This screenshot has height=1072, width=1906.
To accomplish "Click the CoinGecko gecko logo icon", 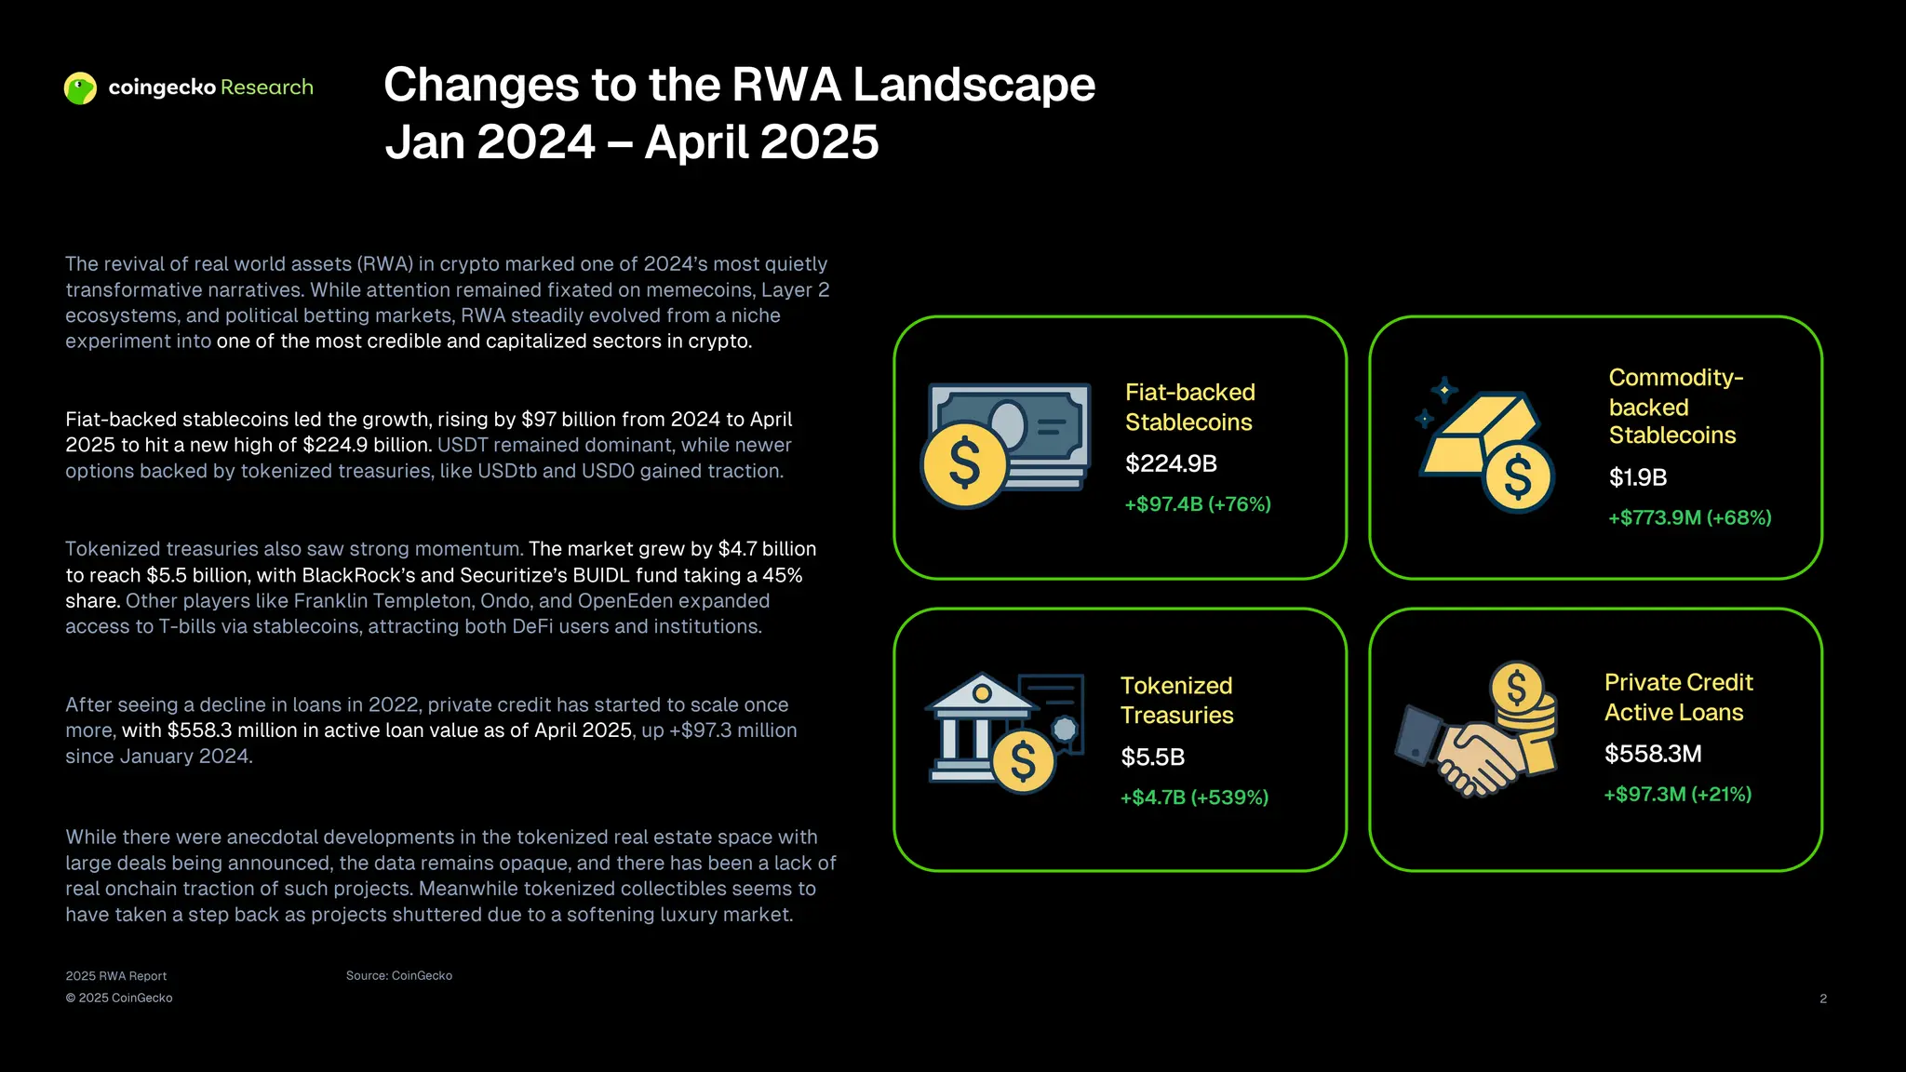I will coord(80,88).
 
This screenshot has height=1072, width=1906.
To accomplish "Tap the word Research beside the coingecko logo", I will coord(267,87).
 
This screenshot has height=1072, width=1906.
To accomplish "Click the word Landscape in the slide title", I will coord(974,85).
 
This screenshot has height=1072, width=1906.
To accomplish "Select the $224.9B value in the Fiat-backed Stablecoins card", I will coord(1171,463).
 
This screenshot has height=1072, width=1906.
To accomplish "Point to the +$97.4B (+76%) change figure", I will coord(1198,504).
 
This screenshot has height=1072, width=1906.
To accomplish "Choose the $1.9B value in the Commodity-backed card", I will coord(1638,477).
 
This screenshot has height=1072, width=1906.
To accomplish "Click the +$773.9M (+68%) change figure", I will coord(1690,517).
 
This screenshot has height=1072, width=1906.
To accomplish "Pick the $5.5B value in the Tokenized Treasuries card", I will coord(1152,757).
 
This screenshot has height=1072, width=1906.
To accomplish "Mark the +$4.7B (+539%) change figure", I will coord(1194,797).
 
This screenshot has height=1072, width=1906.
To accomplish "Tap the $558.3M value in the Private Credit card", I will coord(1653,754).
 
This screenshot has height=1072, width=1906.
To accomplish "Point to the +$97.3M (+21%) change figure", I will coord(1677,794).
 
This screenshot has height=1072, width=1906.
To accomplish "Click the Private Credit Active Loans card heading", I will coord(1678,697).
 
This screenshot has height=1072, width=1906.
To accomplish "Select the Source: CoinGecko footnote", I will coord(399,975).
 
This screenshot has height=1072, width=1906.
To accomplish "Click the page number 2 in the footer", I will coord(1823,998).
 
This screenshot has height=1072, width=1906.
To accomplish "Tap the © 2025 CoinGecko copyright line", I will coord(119,998).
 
